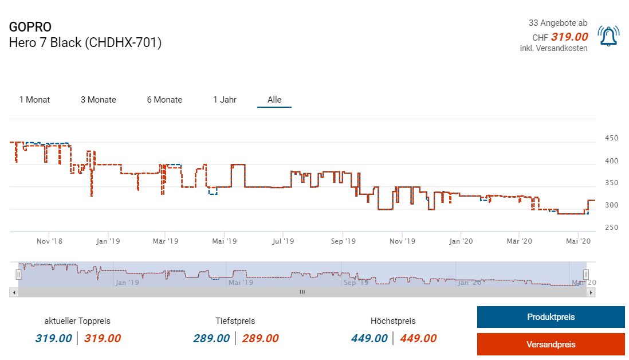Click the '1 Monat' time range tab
pyautogui.click(x=34, y=100)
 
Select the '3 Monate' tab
pyautogui.click(x=98, y=100)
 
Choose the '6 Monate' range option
pyautogui.click(x=164, y=100)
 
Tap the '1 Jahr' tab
pyautogui.click(x=225, y=100)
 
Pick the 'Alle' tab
pyautogui.click(x=274, y=100)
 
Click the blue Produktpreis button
pyautogui.click(x=551, y=317)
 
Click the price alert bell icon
pyautogui.click(x=608, y=36)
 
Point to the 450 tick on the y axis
pyautogui.click(x=611, y=138)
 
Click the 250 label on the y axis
pyautogui.click(x=611, y=228)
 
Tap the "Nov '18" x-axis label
pyautogui.click(x=49, y=241)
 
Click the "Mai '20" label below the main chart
pyautogui.click(x=578, y=241)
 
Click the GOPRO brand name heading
pyautogui.click(x=30, y=27)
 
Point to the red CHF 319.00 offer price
pyautogui.click(x=569, y=37)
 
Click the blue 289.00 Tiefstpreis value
pyautogui.click(x=211, y=338)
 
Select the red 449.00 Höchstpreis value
pyautogui.click(x=418, y=338)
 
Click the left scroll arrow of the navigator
pyautogui.click(x=13, y=292)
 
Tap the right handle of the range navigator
pyautogui.click(x=585, y=274)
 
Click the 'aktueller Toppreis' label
pyautogui.click(x=77, y=321)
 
